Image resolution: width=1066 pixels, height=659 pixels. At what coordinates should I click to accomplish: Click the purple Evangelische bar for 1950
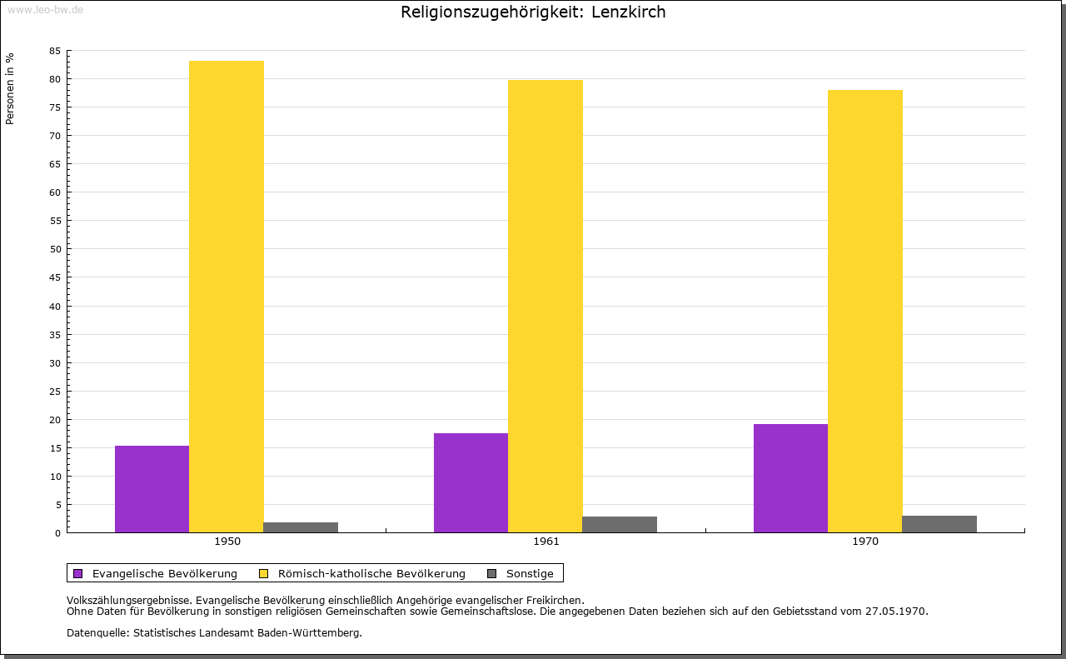(x=152, y=489)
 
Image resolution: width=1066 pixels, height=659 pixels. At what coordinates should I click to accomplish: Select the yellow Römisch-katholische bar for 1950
(x=227, y=297)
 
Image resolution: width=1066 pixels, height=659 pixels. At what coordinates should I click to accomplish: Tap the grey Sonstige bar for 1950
(x=301, y=527)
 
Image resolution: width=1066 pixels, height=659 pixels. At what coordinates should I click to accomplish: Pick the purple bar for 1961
(x=471, y=482)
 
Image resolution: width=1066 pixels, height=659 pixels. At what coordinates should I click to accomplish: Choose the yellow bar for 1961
(x=545, y=306)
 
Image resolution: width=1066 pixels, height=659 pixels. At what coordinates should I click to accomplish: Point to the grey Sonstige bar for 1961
(x=620, y=525)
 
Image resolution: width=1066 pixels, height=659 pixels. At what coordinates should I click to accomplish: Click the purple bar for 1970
(x=790, y=478)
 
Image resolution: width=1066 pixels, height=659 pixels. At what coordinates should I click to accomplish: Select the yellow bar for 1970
(x=865, y=311)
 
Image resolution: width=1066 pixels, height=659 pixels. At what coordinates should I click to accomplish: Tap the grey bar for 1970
(x=939, y=524)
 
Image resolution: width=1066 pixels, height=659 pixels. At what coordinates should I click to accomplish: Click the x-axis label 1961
(x=546, y=542)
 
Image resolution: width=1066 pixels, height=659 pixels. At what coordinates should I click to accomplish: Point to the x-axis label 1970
(x=865, y=542)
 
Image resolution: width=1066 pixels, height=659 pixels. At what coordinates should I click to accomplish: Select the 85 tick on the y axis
(x=55, y=51)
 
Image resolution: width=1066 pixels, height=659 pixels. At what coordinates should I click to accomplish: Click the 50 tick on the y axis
(x=55, y=249)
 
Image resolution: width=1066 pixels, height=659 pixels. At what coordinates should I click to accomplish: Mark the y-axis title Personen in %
(x=10, y=88)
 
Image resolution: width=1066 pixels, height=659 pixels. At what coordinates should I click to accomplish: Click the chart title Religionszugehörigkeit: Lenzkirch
(x=533, y=12)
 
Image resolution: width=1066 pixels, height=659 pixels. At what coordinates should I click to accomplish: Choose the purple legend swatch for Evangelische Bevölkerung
(x=78, y=573)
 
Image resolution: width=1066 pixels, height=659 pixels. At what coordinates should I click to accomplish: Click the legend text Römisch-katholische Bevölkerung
(x=371, y=573)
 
